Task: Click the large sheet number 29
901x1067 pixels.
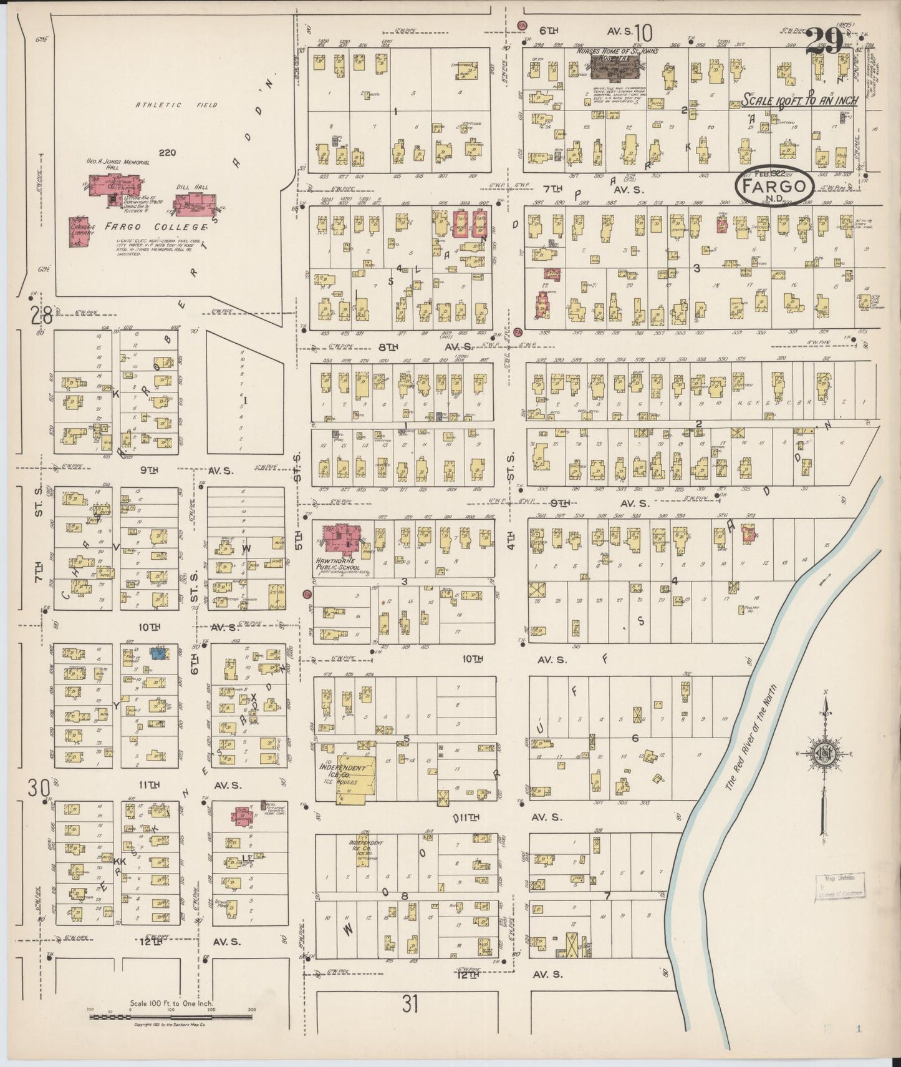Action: (824, 42)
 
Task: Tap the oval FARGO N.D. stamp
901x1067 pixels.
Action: (774, 186)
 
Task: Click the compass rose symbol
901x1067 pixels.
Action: (824, 754)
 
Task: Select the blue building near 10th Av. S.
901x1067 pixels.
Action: (158, 653)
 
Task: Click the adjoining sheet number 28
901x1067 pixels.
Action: (41, 315)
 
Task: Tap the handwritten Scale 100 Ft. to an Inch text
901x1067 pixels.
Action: (799, 100)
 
